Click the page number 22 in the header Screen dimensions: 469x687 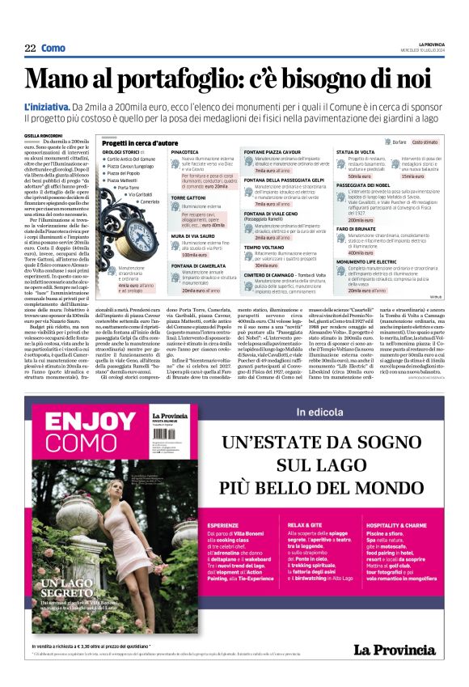click(x=30, y=49)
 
